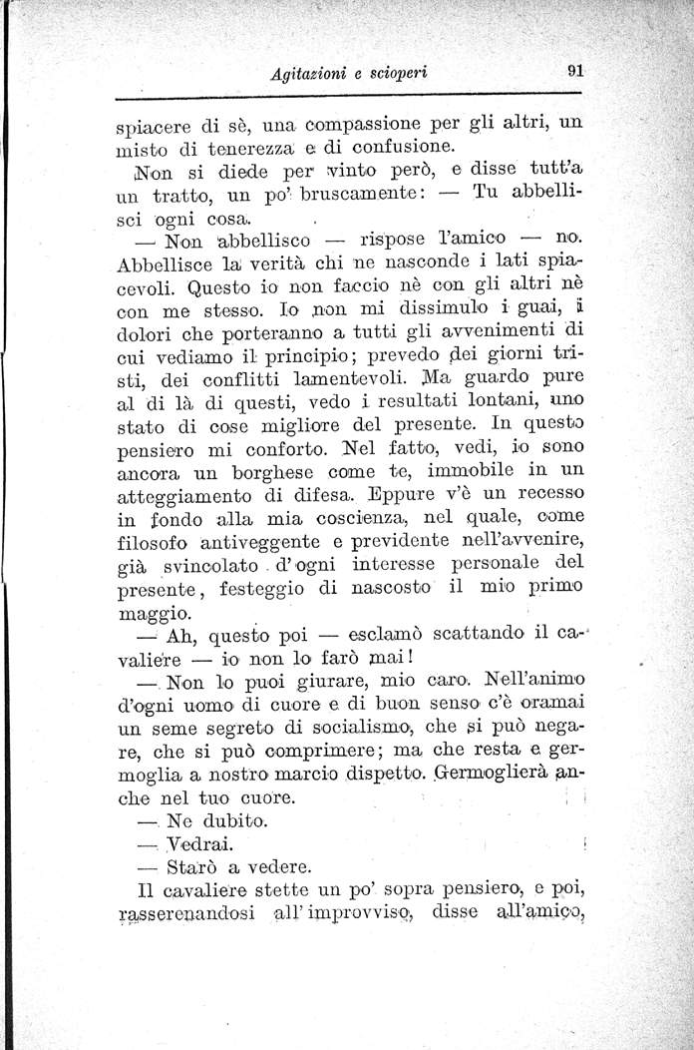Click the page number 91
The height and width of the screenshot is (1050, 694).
(x=574, y=71)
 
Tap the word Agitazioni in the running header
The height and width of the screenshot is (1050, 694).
(x=318, y=73)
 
